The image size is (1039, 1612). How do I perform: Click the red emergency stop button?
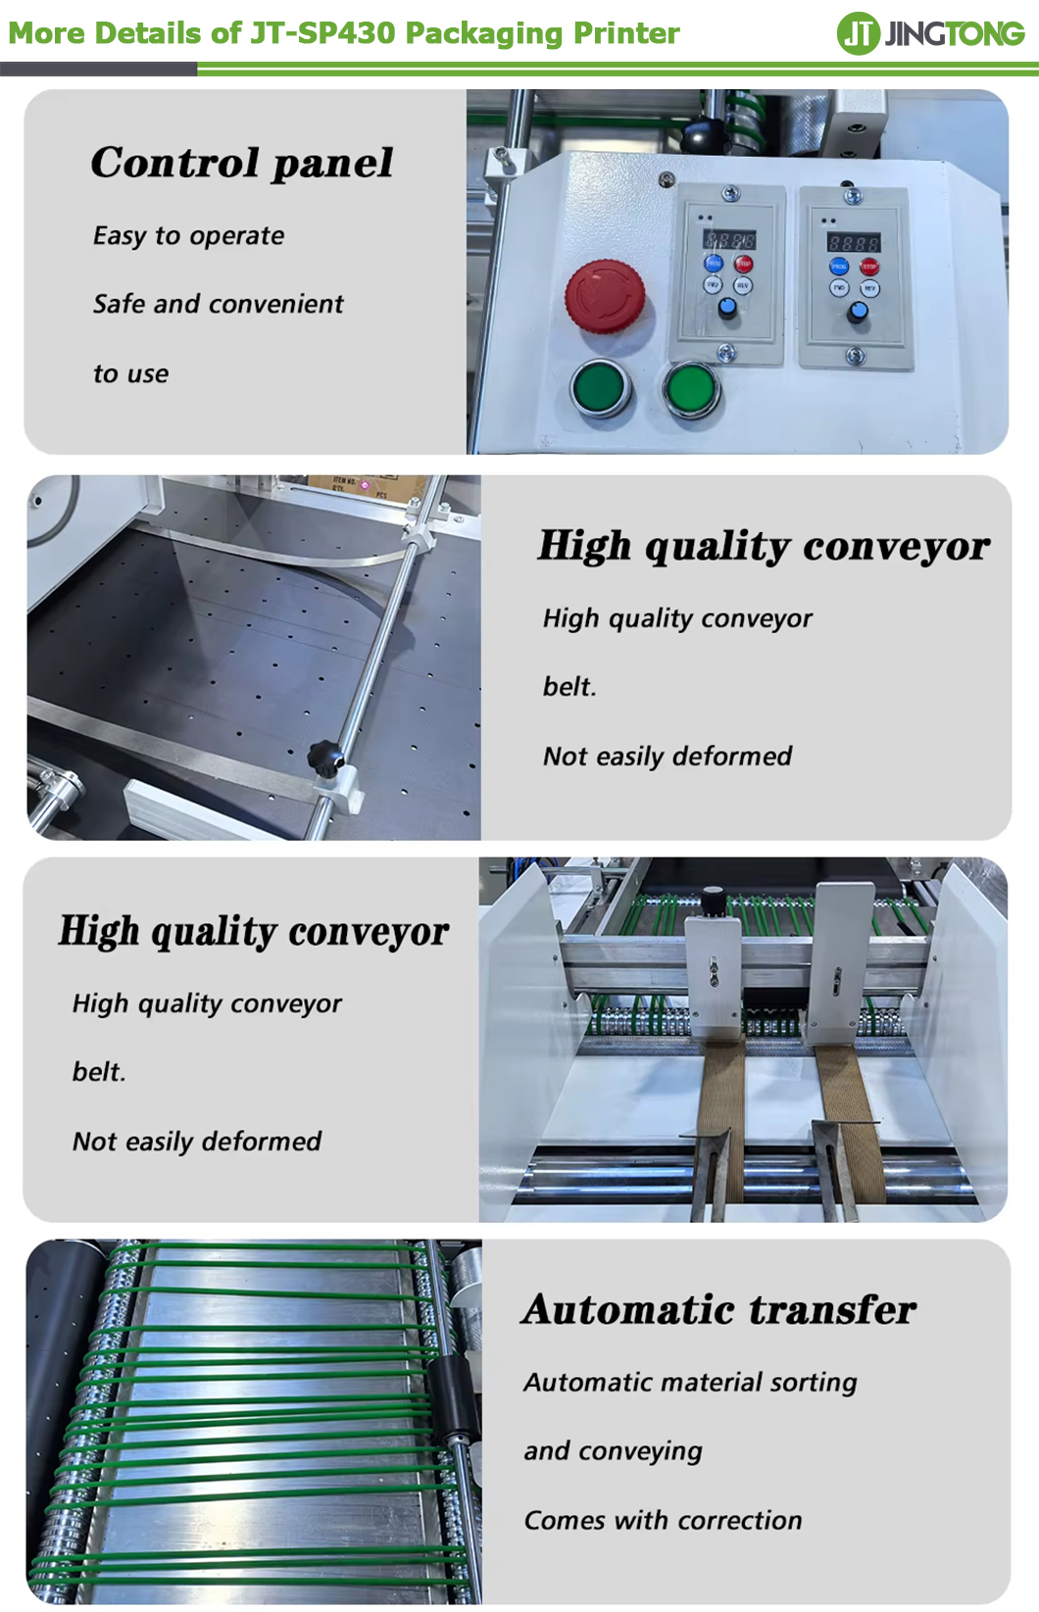tap(605, 296)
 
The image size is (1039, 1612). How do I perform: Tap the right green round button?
tap(691, 389)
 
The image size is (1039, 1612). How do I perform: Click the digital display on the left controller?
tap(729, 240)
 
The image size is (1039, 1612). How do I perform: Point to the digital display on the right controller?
tap(854, 242)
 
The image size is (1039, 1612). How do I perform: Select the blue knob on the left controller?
tap(727, 309)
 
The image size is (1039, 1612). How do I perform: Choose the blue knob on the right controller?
tap(857, 312)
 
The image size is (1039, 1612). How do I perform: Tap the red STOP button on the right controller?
tap(869, 267)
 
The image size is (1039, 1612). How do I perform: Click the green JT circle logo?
tap(858, 33)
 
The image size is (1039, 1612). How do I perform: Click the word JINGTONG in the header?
tap(955, 34)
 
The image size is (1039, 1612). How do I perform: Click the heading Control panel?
tap(242, 163)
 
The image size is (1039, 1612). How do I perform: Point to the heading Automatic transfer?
tap(719, 1309)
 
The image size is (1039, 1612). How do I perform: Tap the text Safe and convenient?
tap(219, 305)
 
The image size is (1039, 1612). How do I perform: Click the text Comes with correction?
tap(664, 1521)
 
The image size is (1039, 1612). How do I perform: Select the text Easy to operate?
tap(188, 236)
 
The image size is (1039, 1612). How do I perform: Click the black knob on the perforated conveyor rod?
tap(325, 758)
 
